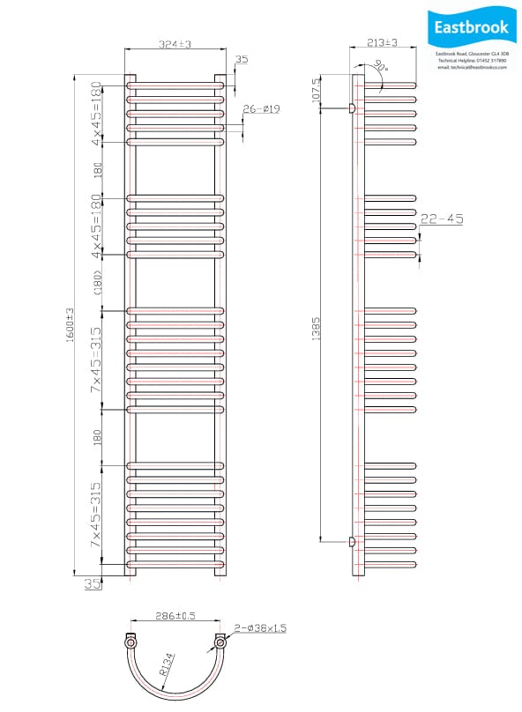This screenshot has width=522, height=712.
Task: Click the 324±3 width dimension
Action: pos(175,43)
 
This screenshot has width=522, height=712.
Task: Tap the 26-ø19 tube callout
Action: pos(260,108)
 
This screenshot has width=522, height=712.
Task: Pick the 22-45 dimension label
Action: pos(442,219)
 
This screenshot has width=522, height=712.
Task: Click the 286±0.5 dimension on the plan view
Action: pos(174,617)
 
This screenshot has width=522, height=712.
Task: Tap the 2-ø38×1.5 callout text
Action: pos(259,627)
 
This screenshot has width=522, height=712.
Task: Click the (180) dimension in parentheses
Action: pos(99,282)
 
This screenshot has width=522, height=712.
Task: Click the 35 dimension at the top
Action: pos(242,60)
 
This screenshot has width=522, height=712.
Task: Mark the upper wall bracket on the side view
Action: pos(352,108)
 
